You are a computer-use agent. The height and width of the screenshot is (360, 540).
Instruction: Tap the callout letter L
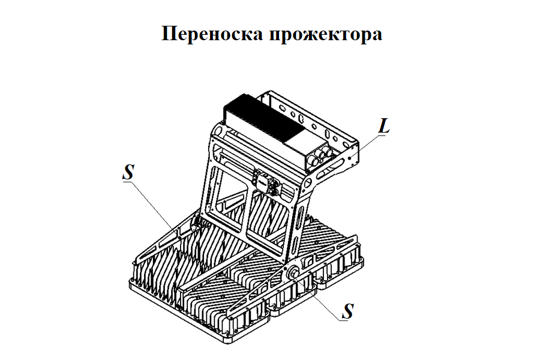click(385, 127)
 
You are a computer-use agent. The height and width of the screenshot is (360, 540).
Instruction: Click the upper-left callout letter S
click(127, 173)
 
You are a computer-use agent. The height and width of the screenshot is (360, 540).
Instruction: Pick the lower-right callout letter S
click(347, 311)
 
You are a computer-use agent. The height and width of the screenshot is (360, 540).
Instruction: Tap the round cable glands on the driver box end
click(325, 155)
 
